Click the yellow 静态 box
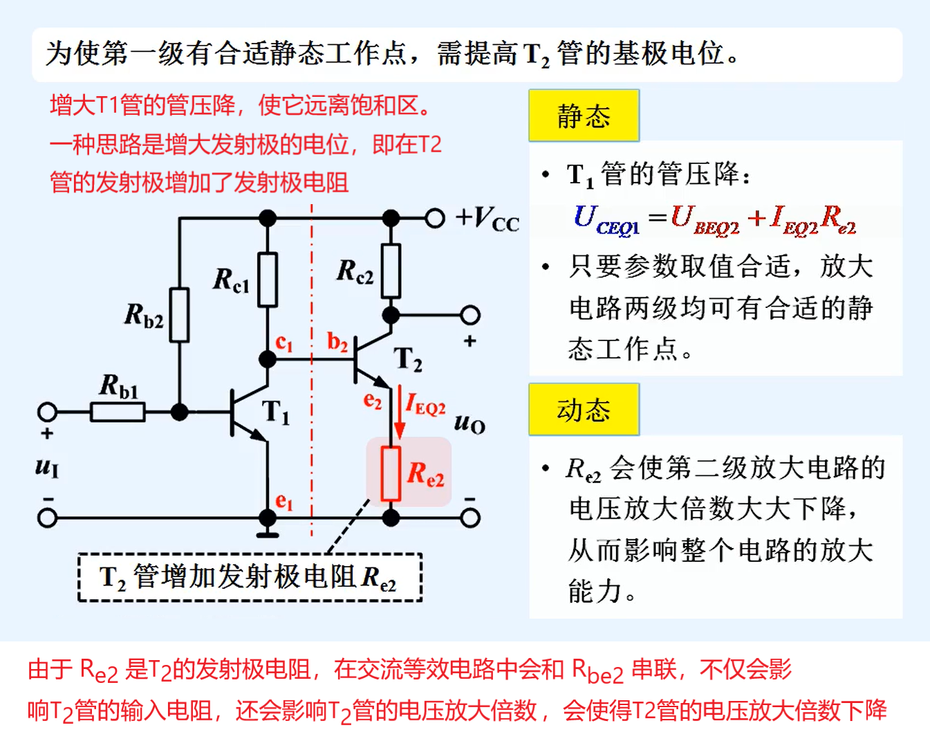tap(584, 116)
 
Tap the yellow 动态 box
tap(584, 410)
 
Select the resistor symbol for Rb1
tap(118, 412)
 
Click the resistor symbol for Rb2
tap(179, 315)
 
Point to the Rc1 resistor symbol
tap(268, 280)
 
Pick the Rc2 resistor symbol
tap(391, 271)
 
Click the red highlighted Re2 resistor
tap(391, 473)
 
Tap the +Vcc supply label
tap(487, 219)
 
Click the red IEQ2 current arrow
tap(399, 415)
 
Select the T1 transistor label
tap(276, 412)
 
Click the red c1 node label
tap(284, 343)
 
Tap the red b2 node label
tap(337, 342)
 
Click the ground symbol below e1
tap(268, 533)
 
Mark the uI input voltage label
tap(47, 467)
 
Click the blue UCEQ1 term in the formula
tap(606, 219)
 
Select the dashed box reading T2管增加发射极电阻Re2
tap(250, 577)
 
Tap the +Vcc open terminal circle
tap(434, 219)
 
